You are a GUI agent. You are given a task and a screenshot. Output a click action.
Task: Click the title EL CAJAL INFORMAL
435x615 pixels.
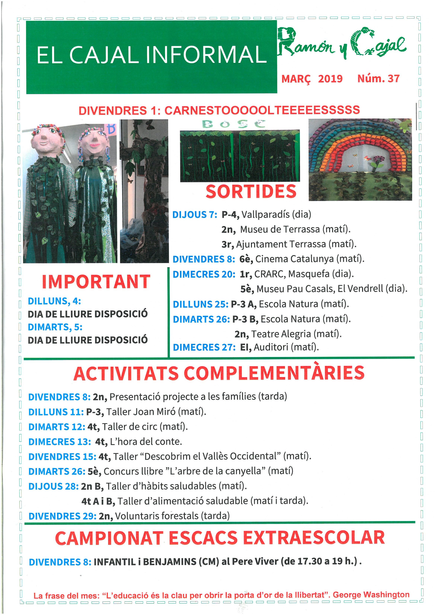[151, 55]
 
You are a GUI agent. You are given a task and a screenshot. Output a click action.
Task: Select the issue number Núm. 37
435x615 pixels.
[378, 79]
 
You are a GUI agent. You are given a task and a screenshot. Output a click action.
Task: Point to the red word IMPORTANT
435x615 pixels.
[96, 282]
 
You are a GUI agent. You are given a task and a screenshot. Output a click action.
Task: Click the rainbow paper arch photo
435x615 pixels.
[360, 159]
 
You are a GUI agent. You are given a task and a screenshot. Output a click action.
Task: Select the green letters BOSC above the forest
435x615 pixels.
[234, 124]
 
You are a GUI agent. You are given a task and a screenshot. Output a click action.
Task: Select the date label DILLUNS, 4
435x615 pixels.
[54, 301]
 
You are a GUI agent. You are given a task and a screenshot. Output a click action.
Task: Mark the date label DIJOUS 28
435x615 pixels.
[54, 486]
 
